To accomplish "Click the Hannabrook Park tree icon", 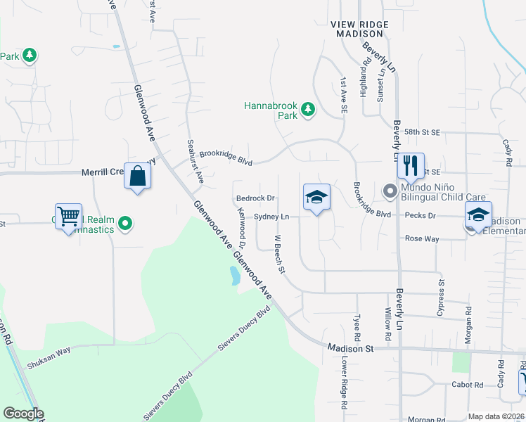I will (307, 109).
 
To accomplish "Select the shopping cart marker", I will (69, 217).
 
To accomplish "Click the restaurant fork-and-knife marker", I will (411, 166).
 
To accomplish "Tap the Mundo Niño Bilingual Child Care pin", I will (389, 191).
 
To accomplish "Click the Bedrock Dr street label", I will (255, 199).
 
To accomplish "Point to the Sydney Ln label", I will (271, 217).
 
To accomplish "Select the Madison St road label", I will (349, 347).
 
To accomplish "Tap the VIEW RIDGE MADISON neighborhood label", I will (359, 29).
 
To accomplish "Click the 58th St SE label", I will (422, 132).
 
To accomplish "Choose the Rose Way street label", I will (422, 239).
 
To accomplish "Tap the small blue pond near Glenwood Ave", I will (234, 275).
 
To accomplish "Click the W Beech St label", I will (278, 254).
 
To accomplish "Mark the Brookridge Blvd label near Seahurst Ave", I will (225, 156).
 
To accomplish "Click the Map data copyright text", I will (496, 416).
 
